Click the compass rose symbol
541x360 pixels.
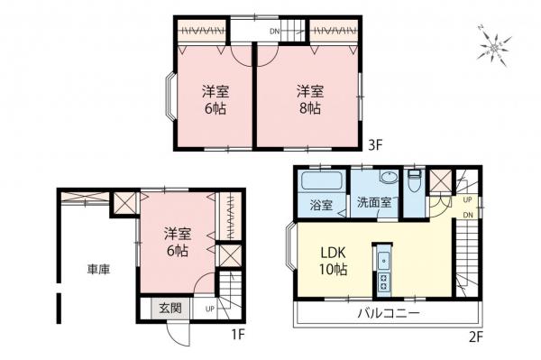point(495,45)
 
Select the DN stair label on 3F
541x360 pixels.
point(274,33)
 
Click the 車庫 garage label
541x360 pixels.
point(98,269)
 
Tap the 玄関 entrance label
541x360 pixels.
point(171,309)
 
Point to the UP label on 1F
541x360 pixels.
point(210,309)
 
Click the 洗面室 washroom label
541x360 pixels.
point(372,204)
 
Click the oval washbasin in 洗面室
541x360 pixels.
point(388,178)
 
